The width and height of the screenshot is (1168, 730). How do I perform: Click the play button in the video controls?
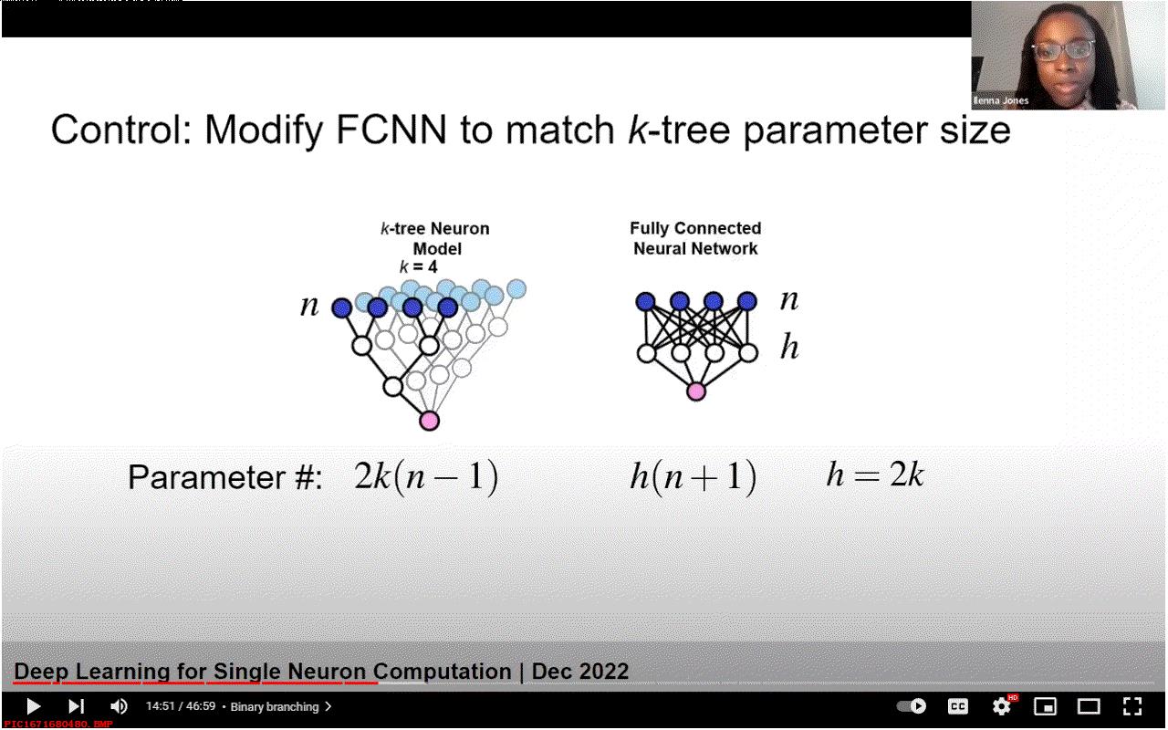(34, 706)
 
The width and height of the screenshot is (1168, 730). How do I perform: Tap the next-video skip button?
(76, 706)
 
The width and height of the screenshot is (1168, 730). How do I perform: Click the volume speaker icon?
(119, 706)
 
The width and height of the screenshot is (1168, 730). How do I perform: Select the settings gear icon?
(1001, 706)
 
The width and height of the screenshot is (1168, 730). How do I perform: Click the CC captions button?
(958, 706)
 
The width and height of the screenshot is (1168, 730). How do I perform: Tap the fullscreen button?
(1132, 706)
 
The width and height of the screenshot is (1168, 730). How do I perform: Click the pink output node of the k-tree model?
(429, 421)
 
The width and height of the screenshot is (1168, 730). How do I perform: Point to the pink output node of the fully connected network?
(696, 391)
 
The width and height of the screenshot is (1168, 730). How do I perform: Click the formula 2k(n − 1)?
(426, 476)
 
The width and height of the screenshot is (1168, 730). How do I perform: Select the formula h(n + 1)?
(693, 476)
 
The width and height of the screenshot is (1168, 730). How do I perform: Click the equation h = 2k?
(875, 474)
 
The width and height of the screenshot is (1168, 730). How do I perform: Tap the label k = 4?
(418, 267)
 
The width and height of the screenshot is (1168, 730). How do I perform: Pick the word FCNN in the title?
(391, 130)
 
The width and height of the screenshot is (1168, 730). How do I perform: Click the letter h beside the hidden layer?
(789, 347)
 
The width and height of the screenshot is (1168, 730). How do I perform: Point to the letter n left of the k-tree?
(309, 306)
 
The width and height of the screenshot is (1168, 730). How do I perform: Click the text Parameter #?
(224, 477)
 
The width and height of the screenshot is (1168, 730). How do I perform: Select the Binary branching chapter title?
(275, 707)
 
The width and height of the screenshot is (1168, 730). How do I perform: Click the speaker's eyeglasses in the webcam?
(1064, 51)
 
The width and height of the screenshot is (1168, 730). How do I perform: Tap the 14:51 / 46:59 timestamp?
(181, 706)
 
